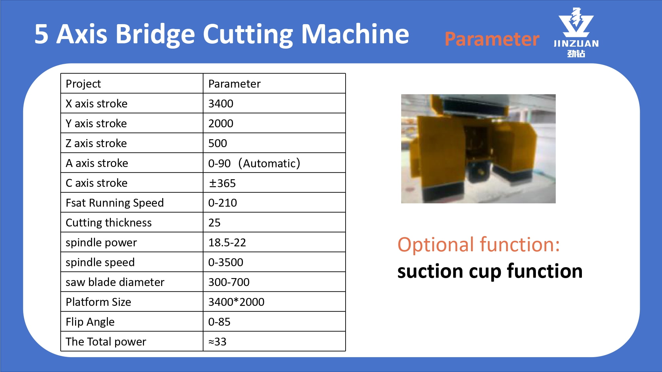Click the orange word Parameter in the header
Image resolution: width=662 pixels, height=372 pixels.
pos(492,39)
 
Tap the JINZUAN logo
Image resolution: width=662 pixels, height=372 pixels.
pos(576,32)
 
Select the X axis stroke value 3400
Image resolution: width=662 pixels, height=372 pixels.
pos(221,103)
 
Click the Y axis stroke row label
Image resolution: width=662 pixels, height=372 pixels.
pos(96,123)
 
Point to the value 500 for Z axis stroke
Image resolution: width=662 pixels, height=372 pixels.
pos(217,143)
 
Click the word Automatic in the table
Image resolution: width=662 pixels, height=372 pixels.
pos(269,163)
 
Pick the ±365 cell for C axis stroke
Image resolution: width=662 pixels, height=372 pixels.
pos(222,183)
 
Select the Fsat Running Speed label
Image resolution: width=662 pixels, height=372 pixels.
pos(115,203)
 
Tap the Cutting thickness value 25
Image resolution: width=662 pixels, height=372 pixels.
pos(214,223)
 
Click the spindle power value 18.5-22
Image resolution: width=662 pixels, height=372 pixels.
pos(227,242)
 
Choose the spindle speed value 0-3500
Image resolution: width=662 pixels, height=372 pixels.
pos(226,262)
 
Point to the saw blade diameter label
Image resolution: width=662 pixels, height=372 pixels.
pos(115,282)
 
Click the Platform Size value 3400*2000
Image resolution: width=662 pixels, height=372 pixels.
pos(236,302)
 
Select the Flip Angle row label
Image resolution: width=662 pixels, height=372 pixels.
pos(90,322)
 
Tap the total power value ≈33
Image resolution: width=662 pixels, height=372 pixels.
pos(217,342)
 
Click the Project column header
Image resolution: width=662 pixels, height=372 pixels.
pos(83,84)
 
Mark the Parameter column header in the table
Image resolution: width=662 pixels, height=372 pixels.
pos(234,84)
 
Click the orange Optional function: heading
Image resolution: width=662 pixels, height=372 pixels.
pos(479,245)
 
